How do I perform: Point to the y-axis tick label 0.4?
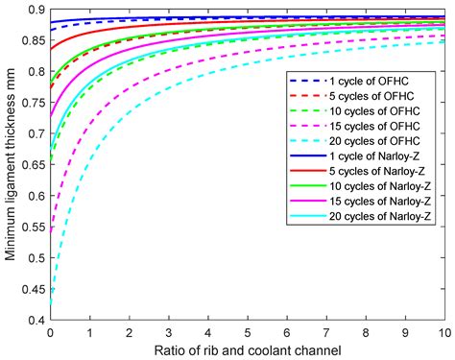pyautogui.click(x=34, y=320)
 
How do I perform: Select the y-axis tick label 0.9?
pyautogui.click(x=34, y=11)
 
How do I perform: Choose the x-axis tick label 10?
pyautogui.click(x=444, y=330)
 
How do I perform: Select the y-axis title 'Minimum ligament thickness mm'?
pyautogui.click(x=11, y=164)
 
